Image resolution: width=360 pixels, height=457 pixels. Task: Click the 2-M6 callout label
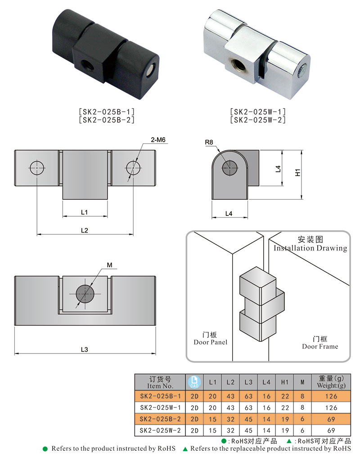coord(158,140)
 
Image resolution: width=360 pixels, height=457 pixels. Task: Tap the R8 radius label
coord(209,143)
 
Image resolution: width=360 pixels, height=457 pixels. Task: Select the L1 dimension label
coord(85,211)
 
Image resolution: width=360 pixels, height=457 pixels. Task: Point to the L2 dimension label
coord(85,230)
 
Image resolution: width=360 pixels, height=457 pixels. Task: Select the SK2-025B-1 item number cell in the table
coord(160,396)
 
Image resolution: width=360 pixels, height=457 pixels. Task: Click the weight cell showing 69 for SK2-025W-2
coord(331,431)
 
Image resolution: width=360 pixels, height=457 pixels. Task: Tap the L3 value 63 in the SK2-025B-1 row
coord(248,396)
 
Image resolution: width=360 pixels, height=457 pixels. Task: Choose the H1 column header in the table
coord(284,382)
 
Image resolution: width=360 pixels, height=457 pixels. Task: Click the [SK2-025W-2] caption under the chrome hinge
coord(257,120)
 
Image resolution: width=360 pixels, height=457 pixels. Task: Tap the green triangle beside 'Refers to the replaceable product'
coord(185,449)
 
